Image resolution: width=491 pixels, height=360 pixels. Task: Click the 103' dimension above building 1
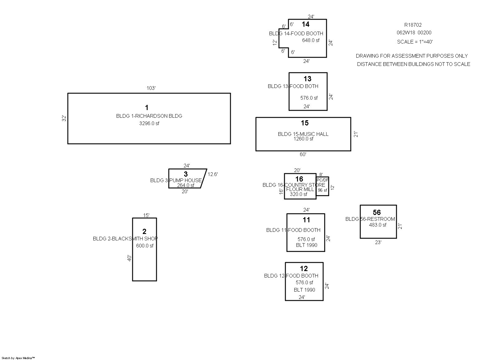(151, 88)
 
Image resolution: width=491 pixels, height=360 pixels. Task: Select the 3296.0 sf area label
(149, 124)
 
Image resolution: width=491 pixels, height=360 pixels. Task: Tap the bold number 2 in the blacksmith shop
(145, 232)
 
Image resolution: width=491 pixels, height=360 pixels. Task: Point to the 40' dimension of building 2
(130, 258)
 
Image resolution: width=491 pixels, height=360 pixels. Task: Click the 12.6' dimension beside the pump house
(213, 174)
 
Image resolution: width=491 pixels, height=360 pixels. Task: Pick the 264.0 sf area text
(186, 185)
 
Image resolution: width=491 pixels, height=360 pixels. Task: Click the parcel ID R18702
(413, 25)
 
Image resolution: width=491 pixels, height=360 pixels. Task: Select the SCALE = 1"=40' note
(415, 42)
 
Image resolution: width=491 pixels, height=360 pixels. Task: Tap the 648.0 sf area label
(311, 40)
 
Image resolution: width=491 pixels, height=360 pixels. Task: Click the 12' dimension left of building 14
(275, 43)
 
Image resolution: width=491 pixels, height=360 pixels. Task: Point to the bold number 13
(307, 79)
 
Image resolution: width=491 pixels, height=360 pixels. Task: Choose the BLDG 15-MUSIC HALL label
(303, 134)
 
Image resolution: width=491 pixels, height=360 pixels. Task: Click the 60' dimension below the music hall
(303, 155)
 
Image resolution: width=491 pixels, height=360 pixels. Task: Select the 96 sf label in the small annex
(323, 190)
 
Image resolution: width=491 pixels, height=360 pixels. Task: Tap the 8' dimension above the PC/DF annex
(321, 174)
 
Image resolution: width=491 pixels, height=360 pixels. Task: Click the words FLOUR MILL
(300, 189)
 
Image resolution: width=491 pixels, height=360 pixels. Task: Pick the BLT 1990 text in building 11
(307, 245)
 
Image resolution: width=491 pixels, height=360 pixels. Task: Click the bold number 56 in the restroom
(377, 212)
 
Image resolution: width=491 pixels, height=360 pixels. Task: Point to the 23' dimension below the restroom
(378, 242)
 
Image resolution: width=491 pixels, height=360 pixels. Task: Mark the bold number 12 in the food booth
(304, 269)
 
